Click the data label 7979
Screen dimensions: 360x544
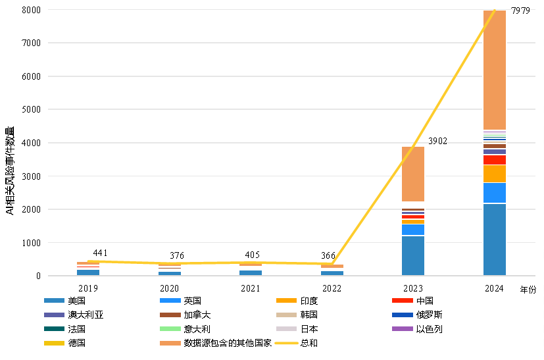(520, 11)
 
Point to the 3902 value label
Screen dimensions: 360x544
(438, 141)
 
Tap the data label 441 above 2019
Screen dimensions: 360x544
(101, 253)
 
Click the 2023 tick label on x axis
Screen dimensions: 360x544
(413, 289)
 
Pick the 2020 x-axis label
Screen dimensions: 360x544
(169, 289)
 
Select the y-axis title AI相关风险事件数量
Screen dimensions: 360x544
(10, 170)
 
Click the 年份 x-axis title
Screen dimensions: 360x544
(528, 290)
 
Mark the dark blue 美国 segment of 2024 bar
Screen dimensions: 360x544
(495, 240)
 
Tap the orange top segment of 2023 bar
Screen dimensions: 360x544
(413, 174)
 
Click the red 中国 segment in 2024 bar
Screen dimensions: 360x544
(495, 160)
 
